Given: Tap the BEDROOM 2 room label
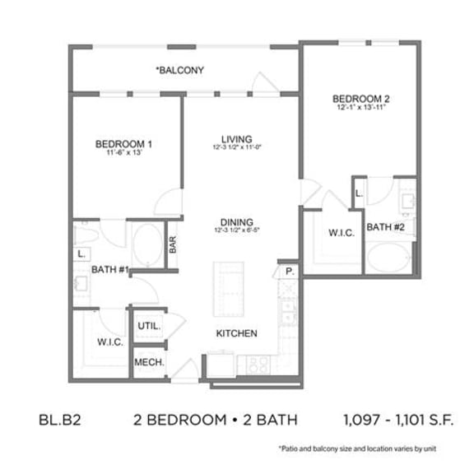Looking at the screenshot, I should tap(361, 97).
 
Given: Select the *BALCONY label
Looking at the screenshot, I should tap(179, 70).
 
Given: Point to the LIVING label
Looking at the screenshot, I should tap(235, 138).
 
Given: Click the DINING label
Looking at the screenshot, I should tap(235, 221).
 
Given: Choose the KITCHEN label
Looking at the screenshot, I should tap(237, 333).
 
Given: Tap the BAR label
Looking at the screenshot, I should tap(174, 245).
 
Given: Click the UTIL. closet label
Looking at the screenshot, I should tap(148, 326).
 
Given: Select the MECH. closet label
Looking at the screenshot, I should tap(148, 362).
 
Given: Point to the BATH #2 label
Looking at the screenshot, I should tap(385, 226).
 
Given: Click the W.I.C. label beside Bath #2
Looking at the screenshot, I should tap(342, 233).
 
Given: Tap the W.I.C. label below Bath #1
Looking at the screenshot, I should tap(110, 342).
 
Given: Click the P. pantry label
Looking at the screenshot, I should tap(290, 270).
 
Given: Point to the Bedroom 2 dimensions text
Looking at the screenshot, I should tap(361, 108).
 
